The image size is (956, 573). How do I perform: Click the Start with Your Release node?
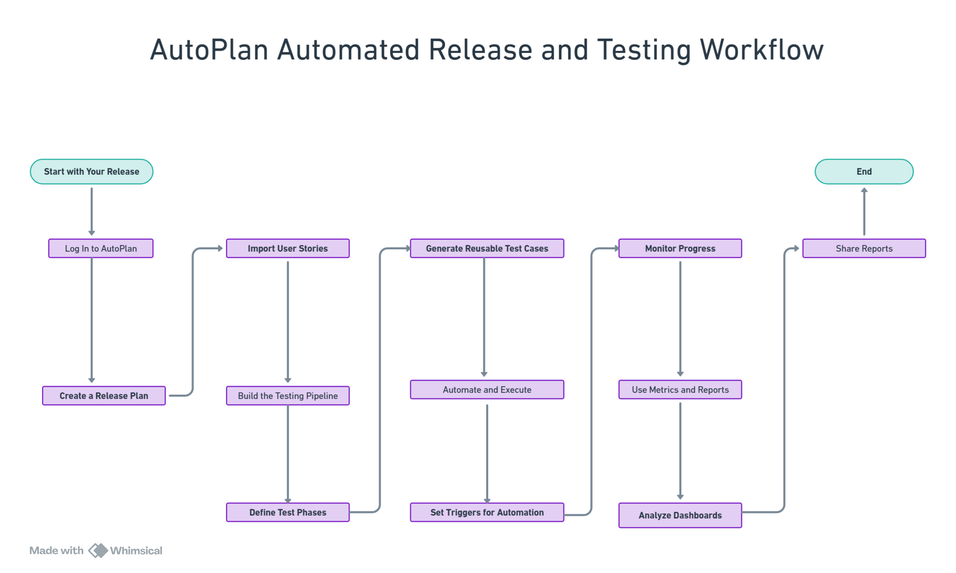[92, 171]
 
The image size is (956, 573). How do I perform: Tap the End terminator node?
[864, 171]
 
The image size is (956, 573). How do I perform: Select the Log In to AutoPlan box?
[101, 248]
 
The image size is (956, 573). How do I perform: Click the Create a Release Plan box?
[104, 396]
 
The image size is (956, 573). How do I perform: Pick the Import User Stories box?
[288, 248]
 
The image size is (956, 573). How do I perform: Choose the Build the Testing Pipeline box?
[288, 396]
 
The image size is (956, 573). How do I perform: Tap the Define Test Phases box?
[288, 512]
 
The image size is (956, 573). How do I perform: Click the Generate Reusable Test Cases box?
[487, 248]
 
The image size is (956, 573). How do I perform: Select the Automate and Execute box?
[487, 390]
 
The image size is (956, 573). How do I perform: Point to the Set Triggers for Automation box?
[487, 512]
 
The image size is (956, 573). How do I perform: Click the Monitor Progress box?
[680, 248]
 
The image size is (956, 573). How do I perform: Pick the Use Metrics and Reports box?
[680, 390]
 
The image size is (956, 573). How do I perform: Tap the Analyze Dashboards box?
[680, 515]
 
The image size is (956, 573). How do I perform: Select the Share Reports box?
[864, 248]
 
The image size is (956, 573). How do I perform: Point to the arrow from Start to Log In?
[92, 211]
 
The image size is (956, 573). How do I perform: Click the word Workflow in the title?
[761, 50]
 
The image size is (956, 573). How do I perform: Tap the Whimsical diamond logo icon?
[98, 550]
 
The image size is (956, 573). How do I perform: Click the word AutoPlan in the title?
[209, 50]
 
